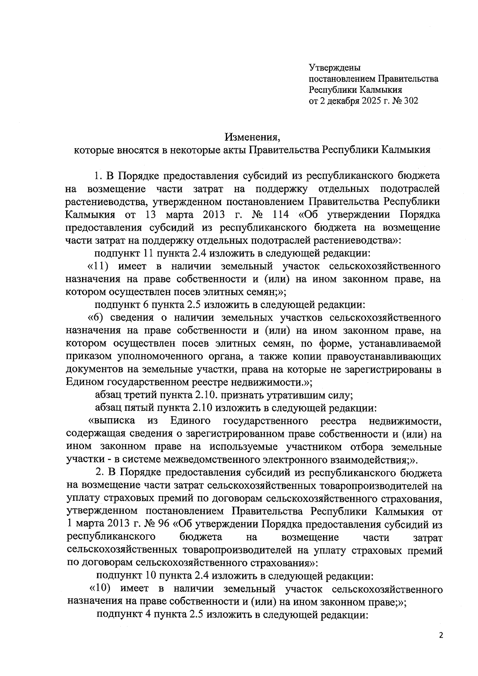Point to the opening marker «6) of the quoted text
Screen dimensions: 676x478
[96, 318]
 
